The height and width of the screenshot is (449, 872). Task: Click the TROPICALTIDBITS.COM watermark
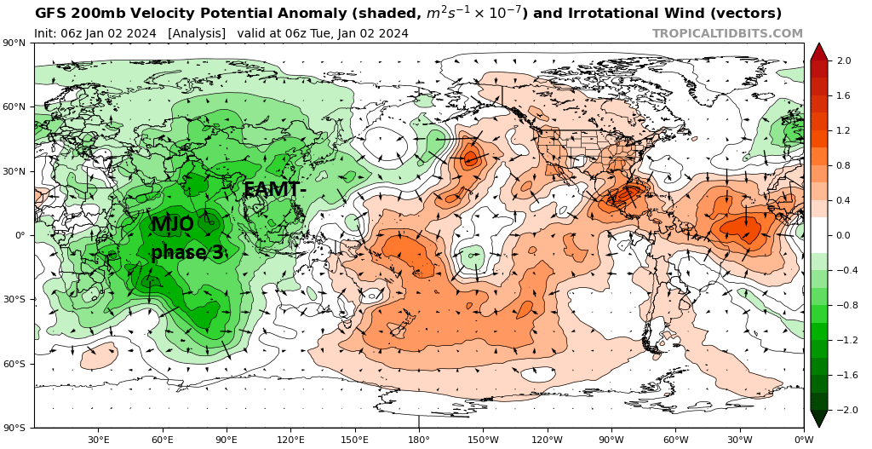727,33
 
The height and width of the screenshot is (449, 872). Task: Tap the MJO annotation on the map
172,224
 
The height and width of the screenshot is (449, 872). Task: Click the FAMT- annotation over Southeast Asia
275,190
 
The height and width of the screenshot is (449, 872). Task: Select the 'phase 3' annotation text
187,252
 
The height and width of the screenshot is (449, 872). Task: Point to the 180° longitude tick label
419,439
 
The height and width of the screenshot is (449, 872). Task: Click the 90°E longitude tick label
227,439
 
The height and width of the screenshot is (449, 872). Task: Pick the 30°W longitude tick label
740,439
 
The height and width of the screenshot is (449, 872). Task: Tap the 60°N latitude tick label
19,106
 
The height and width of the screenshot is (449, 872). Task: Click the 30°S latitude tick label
19,299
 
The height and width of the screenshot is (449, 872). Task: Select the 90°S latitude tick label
19,428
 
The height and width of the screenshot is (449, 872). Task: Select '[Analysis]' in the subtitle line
197,33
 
